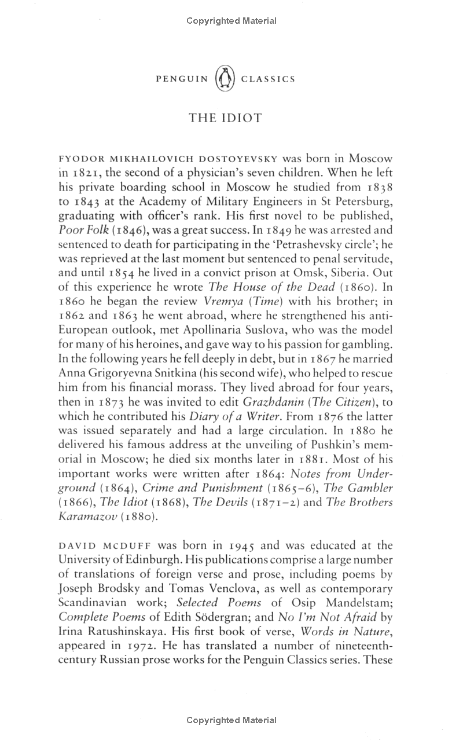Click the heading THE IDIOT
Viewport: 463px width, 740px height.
225,118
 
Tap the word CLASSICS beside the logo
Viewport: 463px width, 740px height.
267,79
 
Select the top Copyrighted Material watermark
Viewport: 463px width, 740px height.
231,21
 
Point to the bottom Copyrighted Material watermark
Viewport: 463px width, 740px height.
231,720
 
